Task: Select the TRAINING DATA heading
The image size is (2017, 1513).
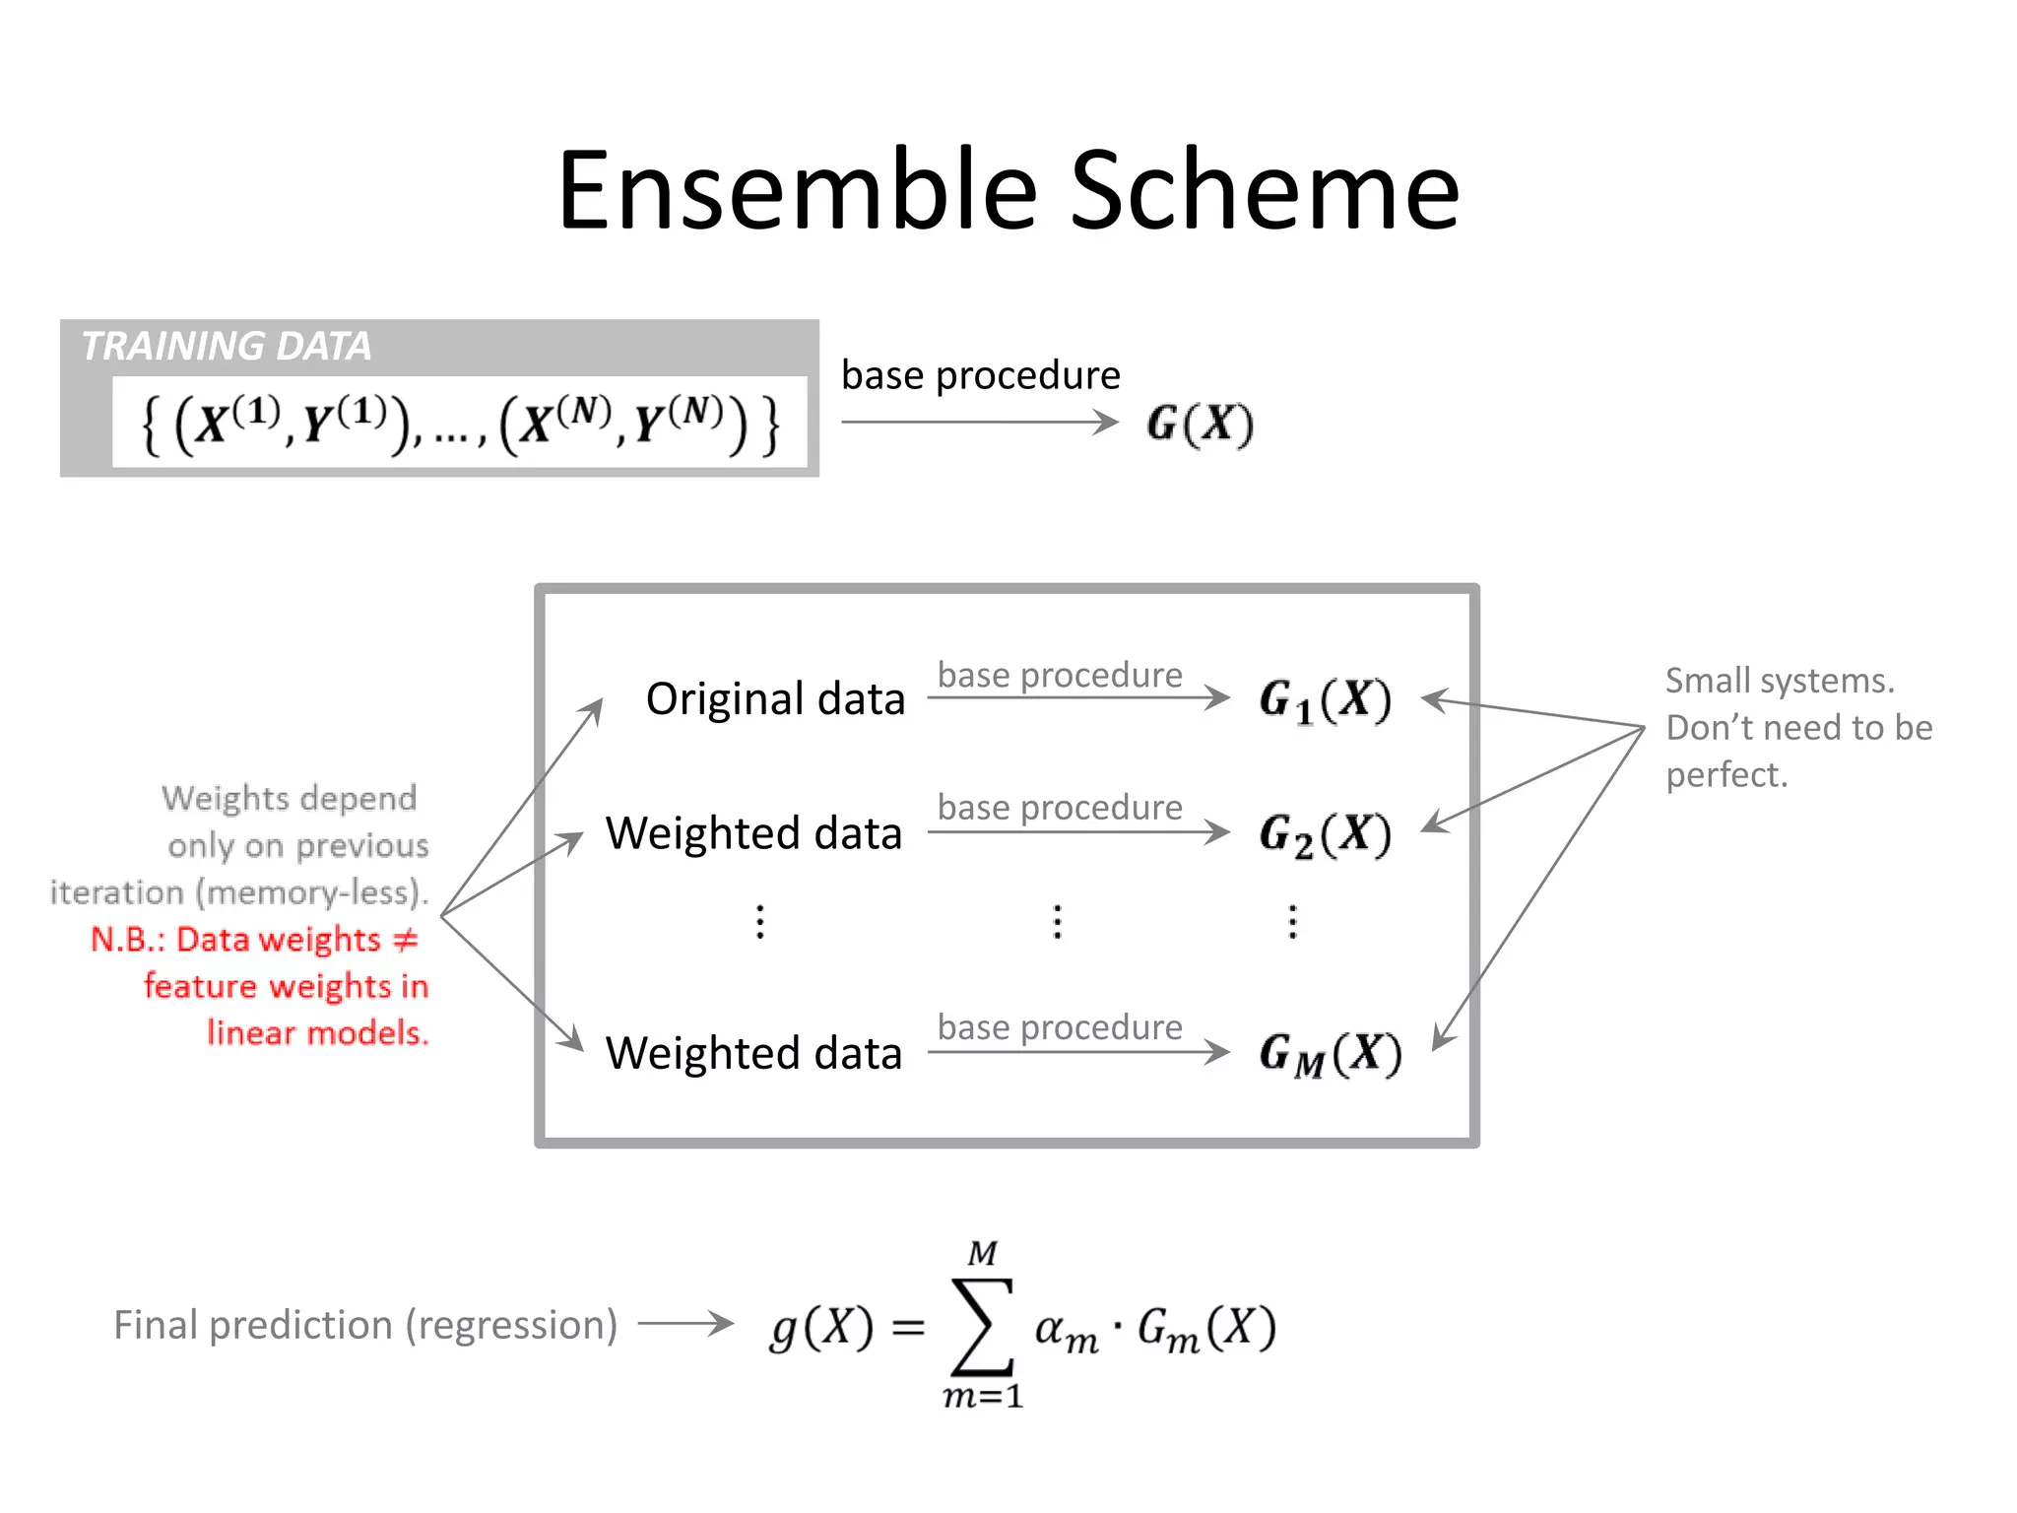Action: coord(226,347)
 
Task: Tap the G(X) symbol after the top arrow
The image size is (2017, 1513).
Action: coord(1200,425)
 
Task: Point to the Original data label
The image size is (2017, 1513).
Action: coord(775,699)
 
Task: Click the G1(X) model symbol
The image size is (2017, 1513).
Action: coord(1325,700)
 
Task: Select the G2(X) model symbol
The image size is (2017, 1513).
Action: coord(1325,834)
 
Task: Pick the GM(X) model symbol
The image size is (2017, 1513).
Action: coord(1330,1054)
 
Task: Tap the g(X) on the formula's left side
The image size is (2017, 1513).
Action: coord(820,1328)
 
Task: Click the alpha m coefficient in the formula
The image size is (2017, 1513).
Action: coord(1066,1332)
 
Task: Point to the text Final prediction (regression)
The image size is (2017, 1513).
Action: coord(365,1325)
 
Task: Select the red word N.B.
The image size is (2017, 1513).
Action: coord(127,940)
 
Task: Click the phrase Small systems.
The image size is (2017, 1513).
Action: coord(1779,681)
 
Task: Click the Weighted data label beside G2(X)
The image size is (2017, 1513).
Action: coord(753,833)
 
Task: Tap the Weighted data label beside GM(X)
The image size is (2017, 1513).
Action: coord(753,1053)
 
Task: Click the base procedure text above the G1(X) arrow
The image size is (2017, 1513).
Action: coord(1060,676)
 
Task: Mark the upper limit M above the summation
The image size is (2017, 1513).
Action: coord(982,1254)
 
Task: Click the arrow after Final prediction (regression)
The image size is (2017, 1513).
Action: coord(685,1324)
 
